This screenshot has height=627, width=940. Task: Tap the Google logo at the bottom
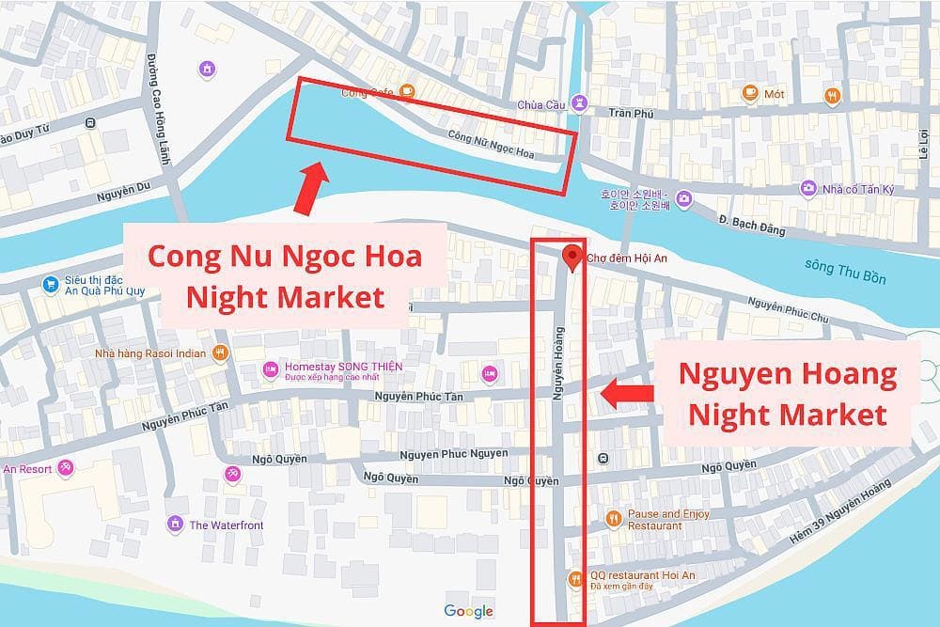point(469,611)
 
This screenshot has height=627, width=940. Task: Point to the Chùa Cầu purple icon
point(581,103)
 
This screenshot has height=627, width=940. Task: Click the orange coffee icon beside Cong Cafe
point(406,91)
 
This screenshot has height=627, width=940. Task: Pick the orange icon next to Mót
point(749,92)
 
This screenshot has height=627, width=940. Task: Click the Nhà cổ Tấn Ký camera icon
point(807,188)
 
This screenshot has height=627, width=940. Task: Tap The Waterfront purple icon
point(174,524)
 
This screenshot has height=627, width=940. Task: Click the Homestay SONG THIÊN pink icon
point(271,368)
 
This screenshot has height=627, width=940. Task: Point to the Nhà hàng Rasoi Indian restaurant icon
point(220,353)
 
